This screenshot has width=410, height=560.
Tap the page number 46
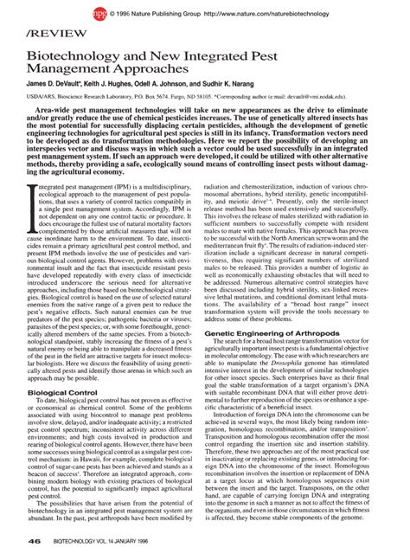35,542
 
